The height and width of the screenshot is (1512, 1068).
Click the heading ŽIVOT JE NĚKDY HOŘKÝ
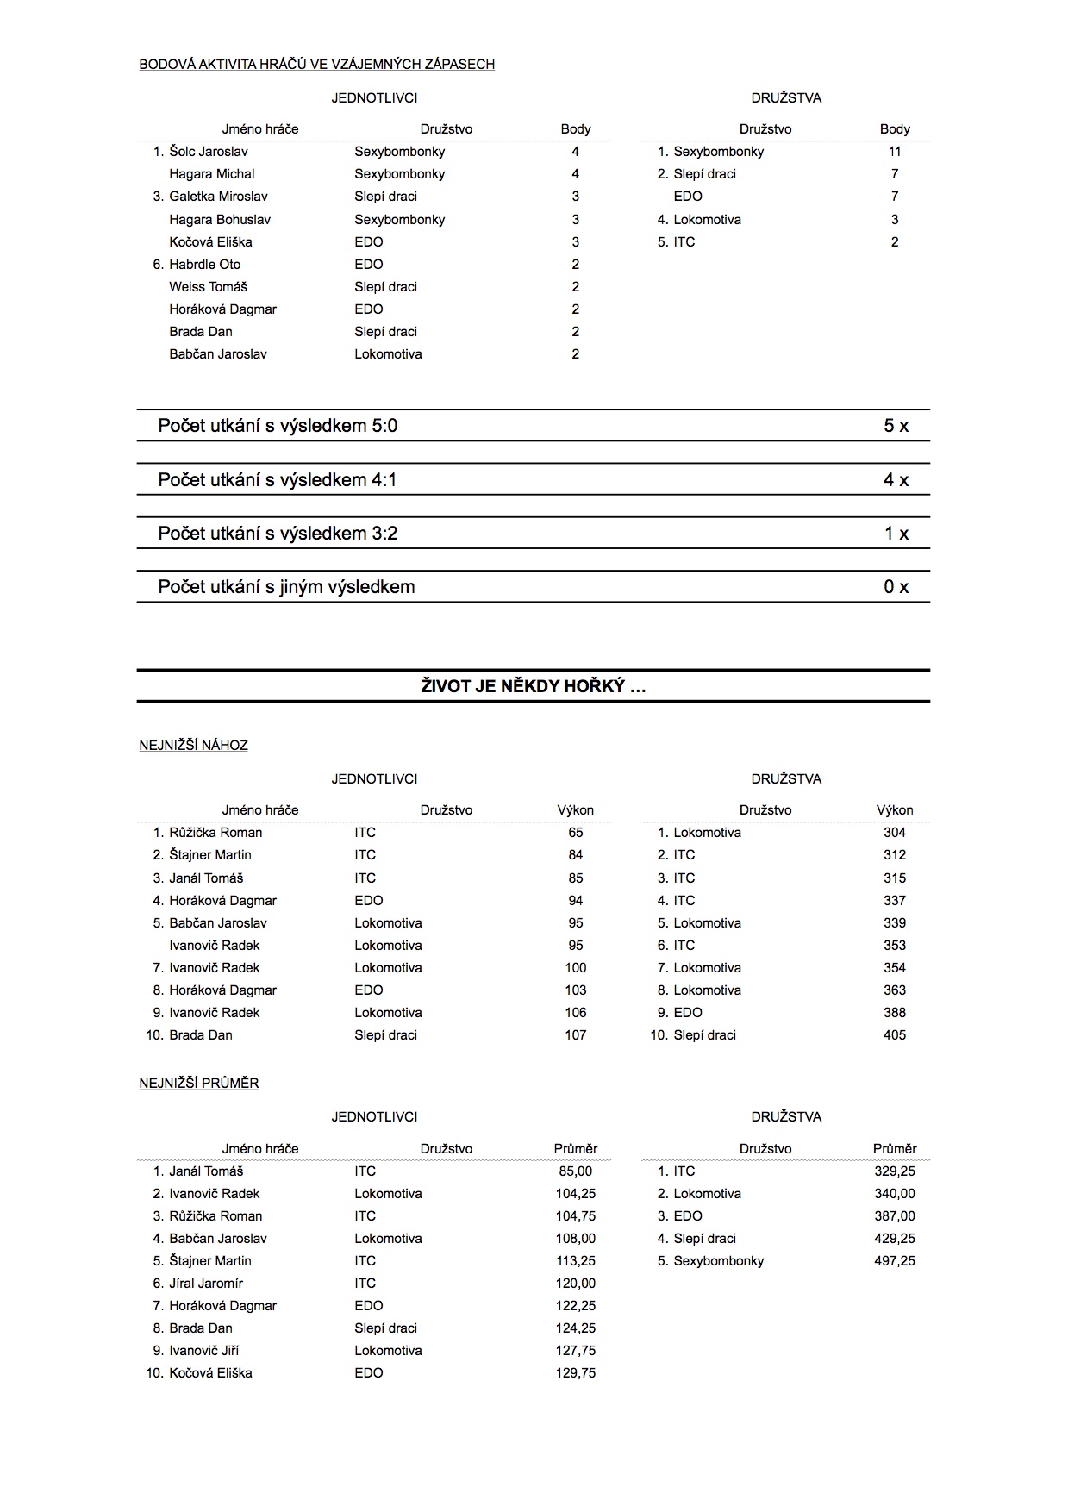(x=534, y=686)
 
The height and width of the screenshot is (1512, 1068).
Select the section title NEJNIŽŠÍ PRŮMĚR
(x=199, y=1083)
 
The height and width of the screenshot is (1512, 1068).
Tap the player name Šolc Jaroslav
(x=209, y=152)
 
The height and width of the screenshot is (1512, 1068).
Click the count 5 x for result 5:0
(x=896, y=426)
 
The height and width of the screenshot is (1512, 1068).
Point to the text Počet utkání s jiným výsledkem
(x=286, y=587)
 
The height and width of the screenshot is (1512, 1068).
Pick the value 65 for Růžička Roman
(x=575, y=833)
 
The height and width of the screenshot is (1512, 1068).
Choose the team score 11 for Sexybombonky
(x=895, y=152)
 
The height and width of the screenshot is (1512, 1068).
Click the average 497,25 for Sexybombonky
(x=895, y=1260)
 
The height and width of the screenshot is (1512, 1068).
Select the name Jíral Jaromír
(x=206, y=1283)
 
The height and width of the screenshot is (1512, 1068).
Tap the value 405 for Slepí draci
(x=895, y=1034)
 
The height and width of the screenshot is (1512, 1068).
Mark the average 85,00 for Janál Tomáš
(x=575, y=1171)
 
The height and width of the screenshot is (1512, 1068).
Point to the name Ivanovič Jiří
(x=204, y=1350)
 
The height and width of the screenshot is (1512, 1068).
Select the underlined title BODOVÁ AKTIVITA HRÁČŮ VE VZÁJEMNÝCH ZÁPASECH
(x=316, y=64)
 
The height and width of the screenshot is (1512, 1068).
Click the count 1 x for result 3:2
(x=896, y=534)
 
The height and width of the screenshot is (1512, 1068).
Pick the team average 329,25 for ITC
(x=895, y=1171)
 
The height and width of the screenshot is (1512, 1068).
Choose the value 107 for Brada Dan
(x=575, y=1034)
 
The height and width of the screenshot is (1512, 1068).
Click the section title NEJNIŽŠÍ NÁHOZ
(x=193, y=745)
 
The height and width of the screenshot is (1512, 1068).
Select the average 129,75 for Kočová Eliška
(x=575, y=1372)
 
